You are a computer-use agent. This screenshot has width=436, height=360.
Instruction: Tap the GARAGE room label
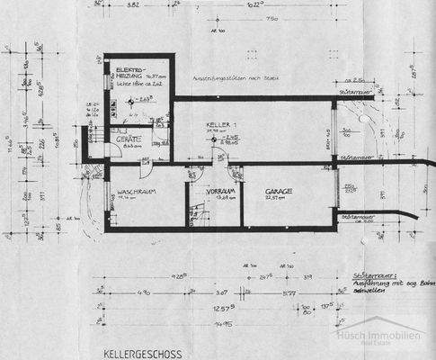tap(280, 192)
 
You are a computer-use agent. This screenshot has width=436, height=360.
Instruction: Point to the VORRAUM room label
tap(215, 192)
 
